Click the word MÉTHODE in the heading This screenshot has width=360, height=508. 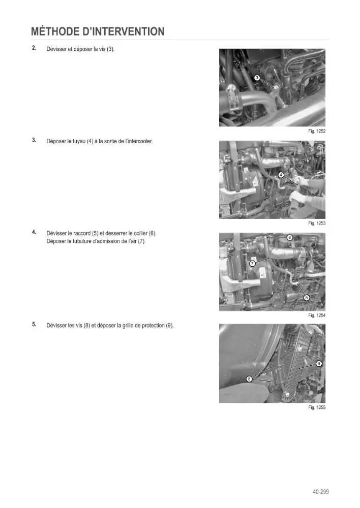pyautogui.click(x=55, y=31)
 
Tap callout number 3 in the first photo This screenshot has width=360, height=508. pyautogui.click(x=257, y=78)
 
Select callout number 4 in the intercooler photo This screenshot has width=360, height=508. pyautogui.click(x=281, y=175)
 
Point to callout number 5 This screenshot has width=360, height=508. pyautogui.click(x=306, y=297)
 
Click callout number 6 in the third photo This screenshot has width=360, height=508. pyautogui.click(x=290, y=237)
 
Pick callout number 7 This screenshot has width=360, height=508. pyautogui.click(x=252, y=263)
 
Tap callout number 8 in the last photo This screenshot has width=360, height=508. pyautogui.click(x=249, y=379)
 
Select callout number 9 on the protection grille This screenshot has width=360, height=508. pyautogui.click(x=319, y=364)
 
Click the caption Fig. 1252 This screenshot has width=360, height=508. pyautogui.click(x=317, y=131)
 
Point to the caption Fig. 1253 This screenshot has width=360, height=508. pyautogui.click(x=317, y=223)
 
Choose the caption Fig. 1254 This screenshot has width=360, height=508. pyautogui.click(x=317, y=315)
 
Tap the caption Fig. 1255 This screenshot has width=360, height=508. pyautogui.click(x=317, y=407)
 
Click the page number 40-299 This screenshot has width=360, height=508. pyautogui.click(x=321, y=492)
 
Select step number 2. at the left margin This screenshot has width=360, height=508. pyautogui.click(x=34, y=48)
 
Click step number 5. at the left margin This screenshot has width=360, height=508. pyautogui.click(x=34, y=324)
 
